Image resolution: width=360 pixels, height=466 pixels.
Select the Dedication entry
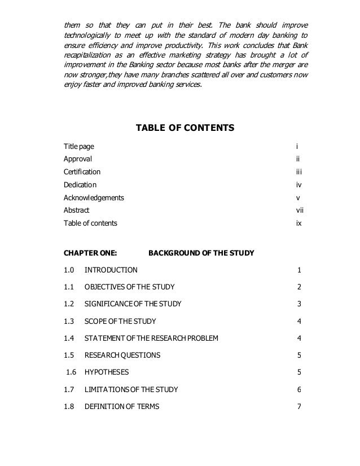point(80,184)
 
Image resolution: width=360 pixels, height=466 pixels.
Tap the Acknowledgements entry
point(94,198)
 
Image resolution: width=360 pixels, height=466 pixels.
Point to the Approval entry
point(77,159)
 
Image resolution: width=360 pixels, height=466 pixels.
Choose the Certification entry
point(82,172)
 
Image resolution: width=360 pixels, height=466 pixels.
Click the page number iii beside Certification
point(300,172)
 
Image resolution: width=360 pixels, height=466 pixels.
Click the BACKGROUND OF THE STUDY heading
point(201,253)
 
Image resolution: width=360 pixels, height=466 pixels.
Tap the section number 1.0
point(69,270)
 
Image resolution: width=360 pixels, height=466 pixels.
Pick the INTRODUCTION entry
point(111,270)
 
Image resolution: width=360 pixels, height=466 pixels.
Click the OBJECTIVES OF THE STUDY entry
point(129,287)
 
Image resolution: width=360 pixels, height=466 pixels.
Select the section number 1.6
point(71,372)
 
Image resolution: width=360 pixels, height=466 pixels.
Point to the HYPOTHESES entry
point(106,372)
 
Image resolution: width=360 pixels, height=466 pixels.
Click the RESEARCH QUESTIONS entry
point(122,355)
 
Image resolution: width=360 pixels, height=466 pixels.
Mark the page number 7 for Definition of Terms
point(299,406)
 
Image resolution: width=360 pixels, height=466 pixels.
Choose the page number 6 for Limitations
point(299,389)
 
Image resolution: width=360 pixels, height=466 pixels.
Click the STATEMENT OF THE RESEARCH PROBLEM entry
point(151,338)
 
